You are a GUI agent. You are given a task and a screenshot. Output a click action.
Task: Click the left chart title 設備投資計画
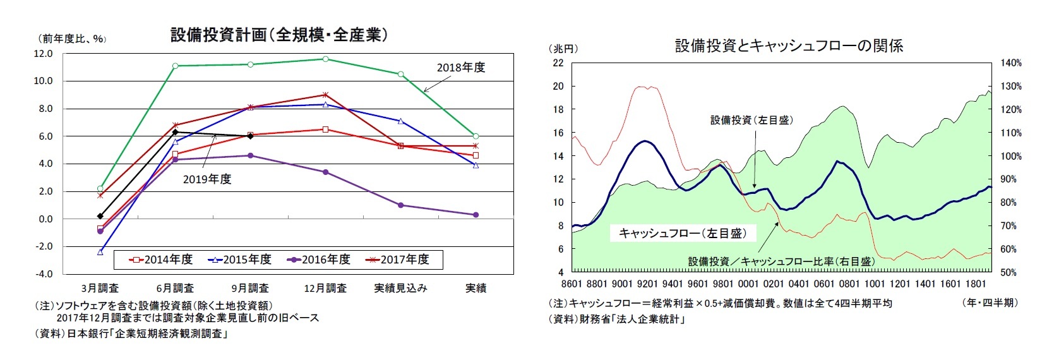pyautogui.click(x=278, y=35)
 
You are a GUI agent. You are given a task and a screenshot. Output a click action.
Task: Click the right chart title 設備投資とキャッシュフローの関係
pyautogui.click(x=789, y=45)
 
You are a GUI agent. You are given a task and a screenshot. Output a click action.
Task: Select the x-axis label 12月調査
pyautogui.click(x=325, y=289)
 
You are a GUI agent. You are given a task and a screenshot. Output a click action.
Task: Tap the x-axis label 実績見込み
pyautogui.click(x=400, y=289)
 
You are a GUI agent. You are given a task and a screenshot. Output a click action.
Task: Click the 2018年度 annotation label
pyautogui.click(x=461, y=68)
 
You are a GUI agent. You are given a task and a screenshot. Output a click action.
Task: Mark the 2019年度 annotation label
pyautogui.click(x=207, y=179)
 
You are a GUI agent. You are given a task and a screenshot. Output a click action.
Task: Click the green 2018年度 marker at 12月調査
pyautogui.click(x=325, y=59)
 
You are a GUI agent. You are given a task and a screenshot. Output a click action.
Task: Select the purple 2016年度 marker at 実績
pyautogui.click(x=476, y=215)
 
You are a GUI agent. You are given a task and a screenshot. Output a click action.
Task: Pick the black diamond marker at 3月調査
pyautogui.click(x=100, y=216)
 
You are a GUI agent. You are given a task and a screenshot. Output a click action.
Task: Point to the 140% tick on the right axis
pyautogui.click(x=1010, y=63)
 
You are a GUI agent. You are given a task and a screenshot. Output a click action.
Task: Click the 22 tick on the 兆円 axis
pyautogui.click(x=558, y=63)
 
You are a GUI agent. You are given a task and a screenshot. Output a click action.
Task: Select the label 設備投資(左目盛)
pyautogui.click(x=752, y=120)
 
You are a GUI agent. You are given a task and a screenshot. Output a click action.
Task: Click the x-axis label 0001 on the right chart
pyautogui.click(x=748, y=284)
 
